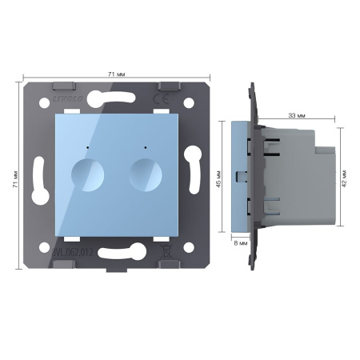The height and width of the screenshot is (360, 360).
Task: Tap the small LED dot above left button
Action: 83,147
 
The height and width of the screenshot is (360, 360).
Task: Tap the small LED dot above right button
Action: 144,147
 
